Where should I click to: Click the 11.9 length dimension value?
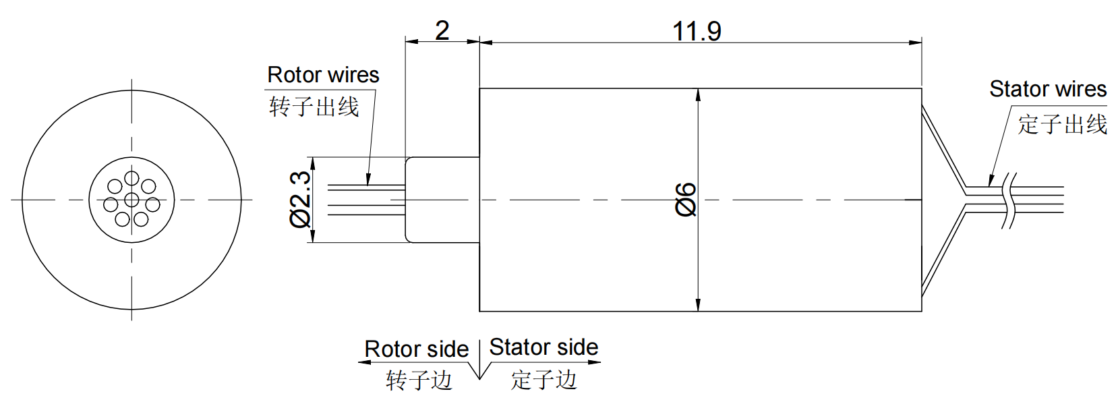click(697, 31)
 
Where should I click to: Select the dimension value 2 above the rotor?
click(442, 30)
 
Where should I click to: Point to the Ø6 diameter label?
click(685, 199)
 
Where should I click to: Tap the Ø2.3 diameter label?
click(300, 199)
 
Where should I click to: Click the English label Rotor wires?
click(323, 75)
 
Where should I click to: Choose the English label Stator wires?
click(1047, 89)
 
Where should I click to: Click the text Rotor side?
click(416, 349)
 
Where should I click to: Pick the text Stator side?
click(543, 347)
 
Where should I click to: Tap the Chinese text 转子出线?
click(314, 107)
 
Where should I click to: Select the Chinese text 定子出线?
click(1062, 124)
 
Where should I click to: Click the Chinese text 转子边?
click(419, 380)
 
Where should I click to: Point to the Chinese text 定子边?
click(543, 379)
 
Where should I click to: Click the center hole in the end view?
click(131, 200)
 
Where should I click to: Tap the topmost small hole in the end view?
click(131, 179)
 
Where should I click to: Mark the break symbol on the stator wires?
click(1009, 200)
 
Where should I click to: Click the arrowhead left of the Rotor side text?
click(365, 362)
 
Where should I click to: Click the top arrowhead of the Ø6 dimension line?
click(698, 94)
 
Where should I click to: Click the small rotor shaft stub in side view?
click(442, 200)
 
